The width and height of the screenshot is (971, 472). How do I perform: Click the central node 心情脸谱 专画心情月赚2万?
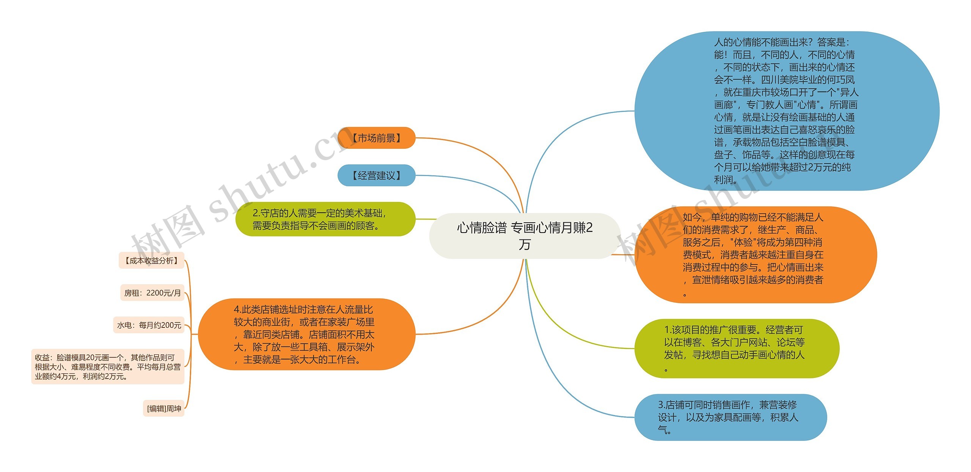pyautogui.click(x=525, y=236)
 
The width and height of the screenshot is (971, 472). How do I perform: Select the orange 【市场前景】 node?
pyautogui.click(x=376, y=138)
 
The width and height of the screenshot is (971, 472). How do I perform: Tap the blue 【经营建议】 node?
pyautogui.click(x=376, y=175)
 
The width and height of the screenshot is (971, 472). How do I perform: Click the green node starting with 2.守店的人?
pyautogui.click(x=325, y=219)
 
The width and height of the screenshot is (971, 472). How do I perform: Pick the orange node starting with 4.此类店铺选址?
pyautogui.click(x=306, y=334)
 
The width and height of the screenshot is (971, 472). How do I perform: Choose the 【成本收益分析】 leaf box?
pyautogui.click(x=151, y=260)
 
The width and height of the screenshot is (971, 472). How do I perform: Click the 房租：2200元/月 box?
pyautogui.click(x=152, y=293)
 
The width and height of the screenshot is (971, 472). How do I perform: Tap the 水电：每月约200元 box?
pyautogui.click(x=149, y=325)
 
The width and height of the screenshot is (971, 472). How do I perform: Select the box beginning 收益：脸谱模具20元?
pyautogui.click(x=108, y=367)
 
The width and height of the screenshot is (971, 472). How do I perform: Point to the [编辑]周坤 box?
pyautogui.click(x=163, y=408)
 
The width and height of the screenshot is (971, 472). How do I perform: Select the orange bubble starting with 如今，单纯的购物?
pyautogui.click(x=755, y=255)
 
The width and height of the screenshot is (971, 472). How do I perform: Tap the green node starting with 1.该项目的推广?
pyautogui.click(x=736, y=348)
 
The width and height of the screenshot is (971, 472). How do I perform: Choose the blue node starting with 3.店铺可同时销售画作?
pyautogui.click(x=730, y=417)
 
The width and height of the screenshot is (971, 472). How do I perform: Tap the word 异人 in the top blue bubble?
pyautogui.click(x=849, y=92)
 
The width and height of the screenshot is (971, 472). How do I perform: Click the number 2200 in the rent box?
pyautogui.click(x=155, y=293)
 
